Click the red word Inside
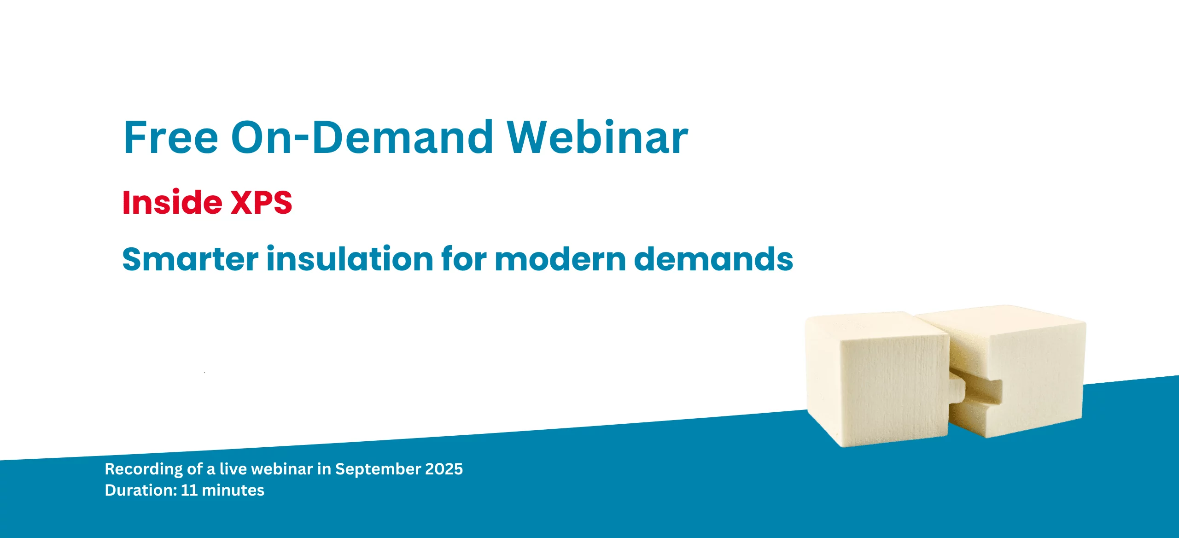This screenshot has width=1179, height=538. pyautogui.click(x=172, y=203)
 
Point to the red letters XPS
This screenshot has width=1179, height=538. pyautogui.click(x=261, y=203)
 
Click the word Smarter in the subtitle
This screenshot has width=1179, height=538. pyautogui.click(x=190, y=259)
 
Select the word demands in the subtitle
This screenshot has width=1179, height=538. pyautogui.click(x=713, y=259)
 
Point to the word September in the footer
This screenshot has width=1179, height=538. pyautogui.click(x=378, y=469)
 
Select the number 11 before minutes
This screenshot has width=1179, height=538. pyautogui.click(x=189, y=490)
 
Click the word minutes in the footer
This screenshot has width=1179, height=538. pyautogui.click(x=233, y=490)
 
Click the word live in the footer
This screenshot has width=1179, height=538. pyautogui.click(x=233, y=469)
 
